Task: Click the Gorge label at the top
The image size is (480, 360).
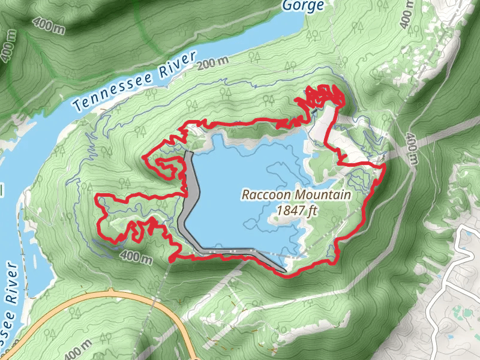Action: pyautogui.click(x=304, y=6)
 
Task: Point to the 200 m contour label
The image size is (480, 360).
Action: pyautogui.click(x=217, y=62)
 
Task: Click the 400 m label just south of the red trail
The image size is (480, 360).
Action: pyautogui.click(x=135, y=257)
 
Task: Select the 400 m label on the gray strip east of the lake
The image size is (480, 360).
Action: pyautogui.click(x=412, y=148)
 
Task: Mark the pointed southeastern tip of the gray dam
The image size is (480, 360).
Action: pyautogui.click(x=282, y=271)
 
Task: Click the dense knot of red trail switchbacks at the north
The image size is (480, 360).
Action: pyautogui.click(x=324, y=96)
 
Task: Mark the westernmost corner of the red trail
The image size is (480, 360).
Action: pyautogui.click(x=98, y=196)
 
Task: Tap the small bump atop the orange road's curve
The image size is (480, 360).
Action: pyautogui.click(x=110, y=291)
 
